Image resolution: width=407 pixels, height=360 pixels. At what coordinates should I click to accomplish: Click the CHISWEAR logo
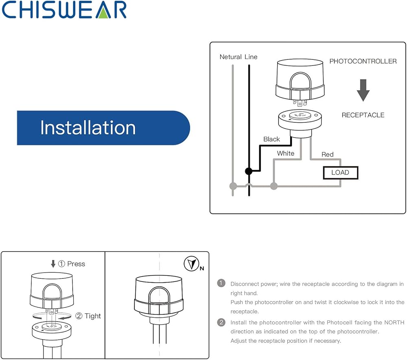(64, 10)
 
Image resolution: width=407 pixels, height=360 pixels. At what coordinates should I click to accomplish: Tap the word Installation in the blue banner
(88, 128)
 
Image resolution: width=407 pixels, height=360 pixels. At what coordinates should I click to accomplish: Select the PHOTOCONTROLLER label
(363, 61)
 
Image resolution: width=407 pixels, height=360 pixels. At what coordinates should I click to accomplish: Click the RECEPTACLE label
(363, 115)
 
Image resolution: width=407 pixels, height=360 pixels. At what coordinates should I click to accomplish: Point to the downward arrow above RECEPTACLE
(363, 90)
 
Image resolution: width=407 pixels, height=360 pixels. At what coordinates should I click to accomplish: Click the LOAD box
(341, 173)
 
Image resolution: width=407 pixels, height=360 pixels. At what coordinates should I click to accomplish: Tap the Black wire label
(271, 139)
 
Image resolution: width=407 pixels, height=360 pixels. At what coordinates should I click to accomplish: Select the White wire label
(286, 153)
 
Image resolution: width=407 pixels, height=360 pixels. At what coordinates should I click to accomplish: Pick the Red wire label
(327, 155)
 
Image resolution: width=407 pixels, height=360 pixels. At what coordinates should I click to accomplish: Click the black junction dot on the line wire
(249, 171)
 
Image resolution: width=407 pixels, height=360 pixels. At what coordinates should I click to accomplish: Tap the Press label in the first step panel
(76, 264)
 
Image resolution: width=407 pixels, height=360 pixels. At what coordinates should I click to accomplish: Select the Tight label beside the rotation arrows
(93, 316)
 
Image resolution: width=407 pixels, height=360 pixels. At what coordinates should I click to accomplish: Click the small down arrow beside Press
(53, 264)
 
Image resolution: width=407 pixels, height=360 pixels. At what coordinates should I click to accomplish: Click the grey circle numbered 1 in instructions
(221, 283)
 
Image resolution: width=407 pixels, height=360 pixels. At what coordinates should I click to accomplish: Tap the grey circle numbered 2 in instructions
(221, 323)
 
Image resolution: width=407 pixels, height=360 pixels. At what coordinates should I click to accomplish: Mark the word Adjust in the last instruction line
(238, 341)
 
